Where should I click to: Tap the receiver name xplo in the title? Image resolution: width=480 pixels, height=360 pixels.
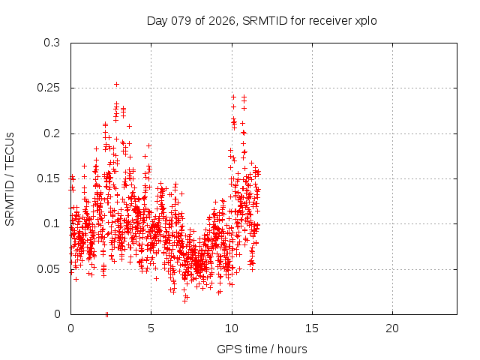point(364,20)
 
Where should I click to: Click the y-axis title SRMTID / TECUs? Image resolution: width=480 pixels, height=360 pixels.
point(10,178)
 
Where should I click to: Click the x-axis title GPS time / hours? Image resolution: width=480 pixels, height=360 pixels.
point(262,349)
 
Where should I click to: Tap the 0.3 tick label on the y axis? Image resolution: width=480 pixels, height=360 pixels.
point(52,43)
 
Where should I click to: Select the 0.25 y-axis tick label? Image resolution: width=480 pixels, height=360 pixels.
point(49,88)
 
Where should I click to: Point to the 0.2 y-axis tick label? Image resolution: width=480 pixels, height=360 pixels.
point(52,133)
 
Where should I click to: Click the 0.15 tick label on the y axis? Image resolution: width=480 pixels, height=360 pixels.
point(49,178)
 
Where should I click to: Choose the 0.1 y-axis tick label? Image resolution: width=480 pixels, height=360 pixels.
point(52,223)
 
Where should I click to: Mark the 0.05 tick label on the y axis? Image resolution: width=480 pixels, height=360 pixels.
point(49,268)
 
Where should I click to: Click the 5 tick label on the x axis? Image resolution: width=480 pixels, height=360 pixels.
point(151,328)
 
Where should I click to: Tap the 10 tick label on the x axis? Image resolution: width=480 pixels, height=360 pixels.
point(232,328)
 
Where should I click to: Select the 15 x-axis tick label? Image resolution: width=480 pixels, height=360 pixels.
point(312,328)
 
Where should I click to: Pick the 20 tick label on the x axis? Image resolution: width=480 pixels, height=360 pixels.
point(392,328)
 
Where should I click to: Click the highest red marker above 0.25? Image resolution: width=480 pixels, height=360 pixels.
point(116,85)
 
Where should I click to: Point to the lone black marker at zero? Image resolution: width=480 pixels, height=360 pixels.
point(106,313)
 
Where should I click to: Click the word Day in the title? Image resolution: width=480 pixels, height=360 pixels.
point(157,20)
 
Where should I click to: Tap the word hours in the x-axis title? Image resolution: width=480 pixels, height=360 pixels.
point(292,349)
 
